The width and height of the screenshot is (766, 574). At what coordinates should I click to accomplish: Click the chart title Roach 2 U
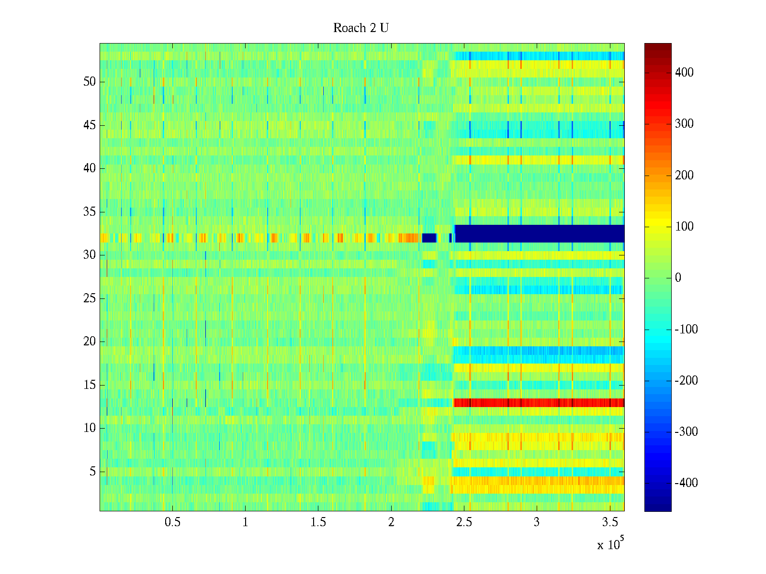pos(361,28)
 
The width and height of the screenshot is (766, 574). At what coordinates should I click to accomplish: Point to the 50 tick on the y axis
pos(90,82)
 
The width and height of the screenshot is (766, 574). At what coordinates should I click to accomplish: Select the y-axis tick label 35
pos(90,212)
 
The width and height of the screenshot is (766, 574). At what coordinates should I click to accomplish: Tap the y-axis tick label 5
pos(92,472)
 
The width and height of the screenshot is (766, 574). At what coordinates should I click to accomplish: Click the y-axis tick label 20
pos(90,342)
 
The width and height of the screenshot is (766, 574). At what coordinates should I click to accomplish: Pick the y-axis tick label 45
pos(90,125)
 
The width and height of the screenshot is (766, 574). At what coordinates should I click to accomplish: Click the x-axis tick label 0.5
pos(172,522)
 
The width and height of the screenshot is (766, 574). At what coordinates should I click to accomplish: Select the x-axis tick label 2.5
pos(464,522)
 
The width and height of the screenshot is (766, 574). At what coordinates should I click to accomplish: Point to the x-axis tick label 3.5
pos(610,522)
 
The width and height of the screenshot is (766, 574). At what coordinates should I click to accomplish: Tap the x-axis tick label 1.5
pos(318,522)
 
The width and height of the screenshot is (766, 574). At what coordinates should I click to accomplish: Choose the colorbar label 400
pos(684,73)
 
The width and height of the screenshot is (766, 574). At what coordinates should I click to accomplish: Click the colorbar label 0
pos(678,278)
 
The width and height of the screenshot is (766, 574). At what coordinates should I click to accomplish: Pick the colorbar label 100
pos(684,227)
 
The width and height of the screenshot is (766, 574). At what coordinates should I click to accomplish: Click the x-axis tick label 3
pos(537,522)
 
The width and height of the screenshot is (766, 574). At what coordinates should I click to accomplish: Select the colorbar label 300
pos(684,124)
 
